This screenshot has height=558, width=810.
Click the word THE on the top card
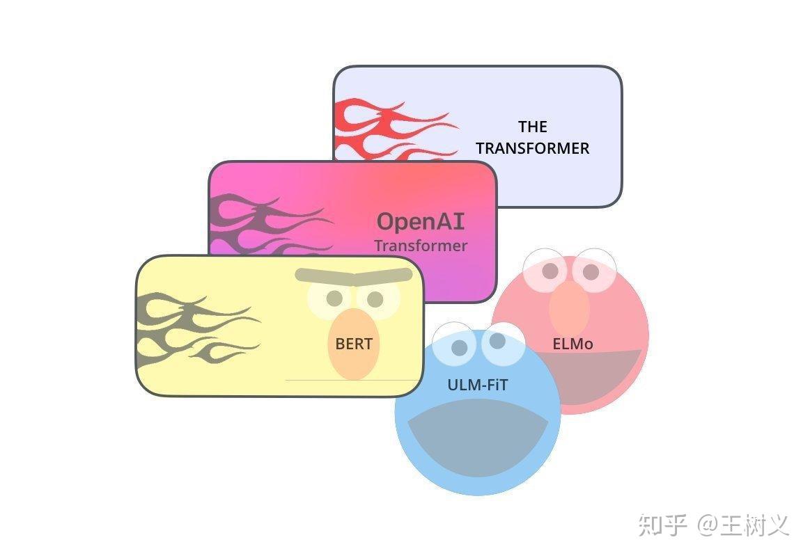[533, 127]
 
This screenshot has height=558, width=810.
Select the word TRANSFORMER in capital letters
[533, 148]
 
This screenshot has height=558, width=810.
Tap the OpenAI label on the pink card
[420, 221]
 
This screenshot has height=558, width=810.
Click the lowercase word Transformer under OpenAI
[421, 246]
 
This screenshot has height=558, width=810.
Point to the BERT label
[354, 344]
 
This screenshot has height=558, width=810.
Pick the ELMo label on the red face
[573, 344]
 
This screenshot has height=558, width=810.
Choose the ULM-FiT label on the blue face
[478, 384]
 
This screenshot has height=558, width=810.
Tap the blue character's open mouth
[477, 438]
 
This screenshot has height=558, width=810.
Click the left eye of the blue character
[458, 347]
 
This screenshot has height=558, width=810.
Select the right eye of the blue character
[497, 341]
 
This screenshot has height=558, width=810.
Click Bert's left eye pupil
[334, 298]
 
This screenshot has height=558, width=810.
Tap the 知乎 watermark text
[662, 525]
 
